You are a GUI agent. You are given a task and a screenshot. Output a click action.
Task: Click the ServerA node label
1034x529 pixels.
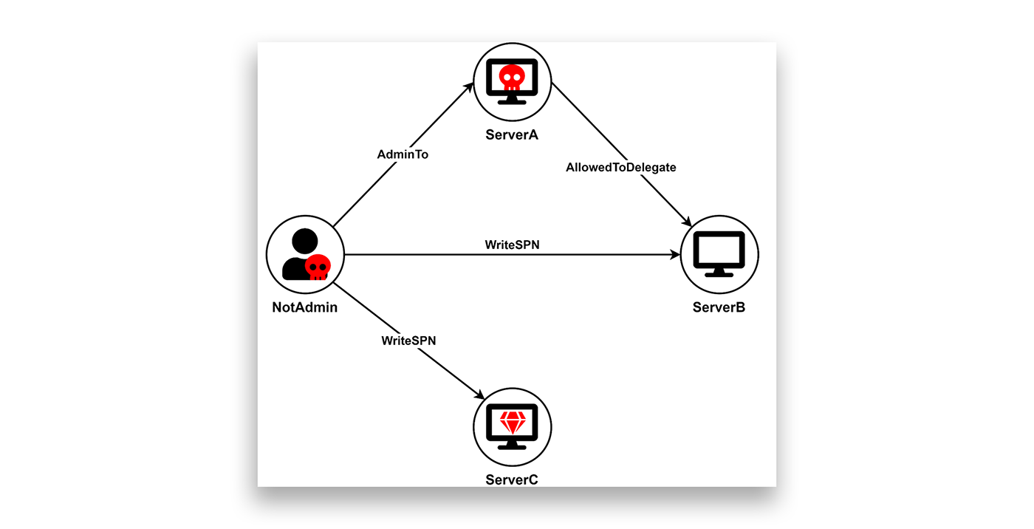point(511,134)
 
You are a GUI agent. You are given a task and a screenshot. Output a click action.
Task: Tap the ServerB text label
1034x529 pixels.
point(719,307)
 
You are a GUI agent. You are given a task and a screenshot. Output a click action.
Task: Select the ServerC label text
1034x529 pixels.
point(511,479)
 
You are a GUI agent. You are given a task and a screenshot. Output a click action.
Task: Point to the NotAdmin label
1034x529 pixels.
point(304,307)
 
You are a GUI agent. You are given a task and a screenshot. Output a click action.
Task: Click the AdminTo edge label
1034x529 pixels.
point(403,154)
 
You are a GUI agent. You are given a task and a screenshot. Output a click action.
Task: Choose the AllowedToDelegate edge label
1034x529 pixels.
point(621,167)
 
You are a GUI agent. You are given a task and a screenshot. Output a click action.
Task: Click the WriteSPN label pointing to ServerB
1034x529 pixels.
point(512,245)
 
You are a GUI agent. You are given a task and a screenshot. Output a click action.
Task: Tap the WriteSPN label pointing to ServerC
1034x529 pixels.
point(408,341)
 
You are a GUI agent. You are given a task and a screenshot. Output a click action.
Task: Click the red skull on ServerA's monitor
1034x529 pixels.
point(512,77)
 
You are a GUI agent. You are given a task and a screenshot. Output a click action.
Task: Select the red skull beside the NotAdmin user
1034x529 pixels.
point(318,267)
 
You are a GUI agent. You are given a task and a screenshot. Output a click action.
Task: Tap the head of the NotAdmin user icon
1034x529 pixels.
point(304,241)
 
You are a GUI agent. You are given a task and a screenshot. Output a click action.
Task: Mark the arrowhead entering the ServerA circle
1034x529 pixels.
point(469,88)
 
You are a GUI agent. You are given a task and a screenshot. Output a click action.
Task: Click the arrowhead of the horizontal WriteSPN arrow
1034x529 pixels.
point(674,254)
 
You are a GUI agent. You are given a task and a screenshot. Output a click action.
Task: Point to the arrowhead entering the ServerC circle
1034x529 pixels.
point(479,395)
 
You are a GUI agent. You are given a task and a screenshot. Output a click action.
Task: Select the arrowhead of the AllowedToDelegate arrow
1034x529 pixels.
point(686,221)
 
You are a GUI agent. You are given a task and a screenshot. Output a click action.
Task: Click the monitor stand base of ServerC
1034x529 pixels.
point(512,447)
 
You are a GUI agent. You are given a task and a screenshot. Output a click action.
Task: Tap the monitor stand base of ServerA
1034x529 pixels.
point(512,102)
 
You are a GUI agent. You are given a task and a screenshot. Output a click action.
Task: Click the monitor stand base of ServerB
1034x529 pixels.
point(719,274)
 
